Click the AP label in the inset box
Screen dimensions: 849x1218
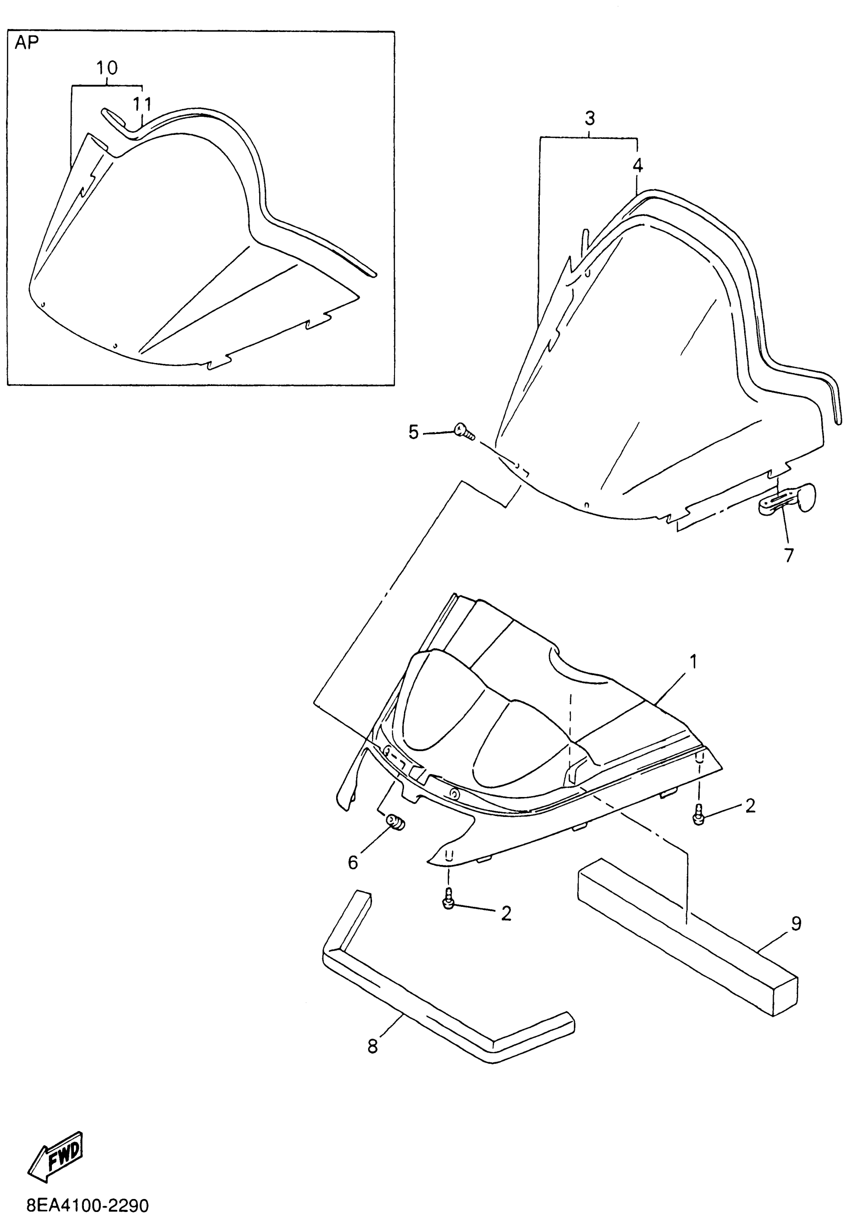[26, 43]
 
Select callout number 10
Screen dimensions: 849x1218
[107, 68]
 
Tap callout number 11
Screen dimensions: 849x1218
[142, 104]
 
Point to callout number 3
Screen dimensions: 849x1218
[590, 118]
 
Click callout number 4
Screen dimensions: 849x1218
[637, 166]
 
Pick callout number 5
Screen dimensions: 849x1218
[414, 432]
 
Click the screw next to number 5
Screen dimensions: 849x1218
[463, 430]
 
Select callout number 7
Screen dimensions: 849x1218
[789, 555]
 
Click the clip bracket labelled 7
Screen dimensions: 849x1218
[785, 499]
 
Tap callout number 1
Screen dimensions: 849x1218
[693, 662]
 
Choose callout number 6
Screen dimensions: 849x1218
[353, 862]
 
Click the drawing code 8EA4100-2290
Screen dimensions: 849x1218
[87, 1206]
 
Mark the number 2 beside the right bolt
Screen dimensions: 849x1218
[750, 806]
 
